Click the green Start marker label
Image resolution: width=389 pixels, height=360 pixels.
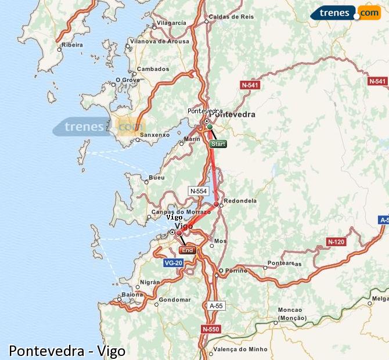pyautogui.click(x=218, y=143)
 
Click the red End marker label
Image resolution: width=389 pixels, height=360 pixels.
pyautogui.click(x=187, y=250)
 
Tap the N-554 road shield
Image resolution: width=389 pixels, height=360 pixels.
pyautogui.click(x=199, y=190)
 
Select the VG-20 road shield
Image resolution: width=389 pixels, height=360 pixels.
pyautogui.click(x=174, y=263)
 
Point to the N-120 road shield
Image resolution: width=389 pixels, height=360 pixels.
pyautogui.click(x=336, y=242)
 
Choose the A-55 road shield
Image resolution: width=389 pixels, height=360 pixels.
pyautogui.click(x=215, y=305)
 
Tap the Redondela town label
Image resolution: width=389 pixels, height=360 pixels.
pyautogui.click(x=240, y=200)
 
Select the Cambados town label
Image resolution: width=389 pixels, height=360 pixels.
pyautogui.click(x=153, y=69)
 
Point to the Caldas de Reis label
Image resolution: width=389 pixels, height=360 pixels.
pyautogui.click(x=231, y=17)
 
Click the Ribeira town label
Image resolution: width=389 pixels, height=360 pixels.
pyautogui.click(x=73, y=45)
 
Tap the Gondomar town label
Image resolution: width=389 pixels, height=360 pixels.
pyautogui.click(x=175, y=300)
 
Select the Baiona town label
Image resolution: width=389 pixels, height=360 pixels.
pyautogui.click(x=132, y=295)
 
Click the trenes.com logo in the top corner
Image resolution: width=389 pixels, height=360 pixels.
pyautogui.click(x=345, y=13)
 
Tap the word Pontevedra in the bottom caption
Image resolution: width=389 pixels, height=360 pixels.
pyautogui.click(x=45, y=351)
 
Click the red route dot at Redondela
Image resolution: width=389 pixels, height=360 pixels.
pyautogui.click(x=216, y=204)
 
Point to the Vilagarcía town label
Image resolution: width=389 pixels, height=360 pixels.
pyautogui.click(x=171, y=23)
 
